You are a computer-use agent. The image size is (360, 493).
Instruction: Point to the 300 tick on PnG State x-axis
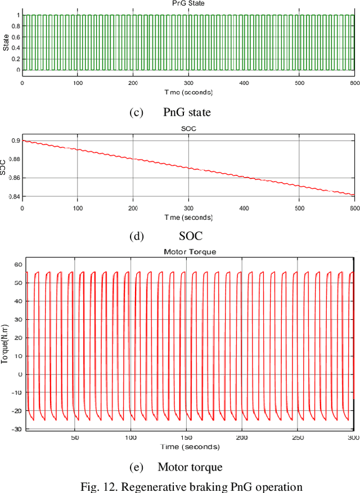[188, 83]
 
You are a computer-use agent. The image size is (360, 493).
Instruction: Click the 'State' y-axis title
[6, 43]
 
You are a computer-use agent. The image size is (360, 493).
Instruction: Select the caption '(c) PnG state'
[170, 112]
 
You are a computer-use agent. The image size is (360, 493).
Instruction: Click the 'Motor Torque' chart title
[190, 252]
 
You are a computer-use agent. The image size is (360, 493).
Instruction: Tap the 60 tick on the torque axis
[17, 264]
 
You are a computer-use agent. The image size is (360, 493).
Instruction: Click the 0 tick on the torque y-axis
[20, 374]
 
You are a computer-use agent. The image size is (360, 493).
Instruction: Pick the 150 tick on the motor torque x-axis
[186, 437]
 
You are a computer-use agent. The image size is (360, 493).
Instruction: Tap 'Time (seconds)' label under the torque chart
[190, 446]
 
